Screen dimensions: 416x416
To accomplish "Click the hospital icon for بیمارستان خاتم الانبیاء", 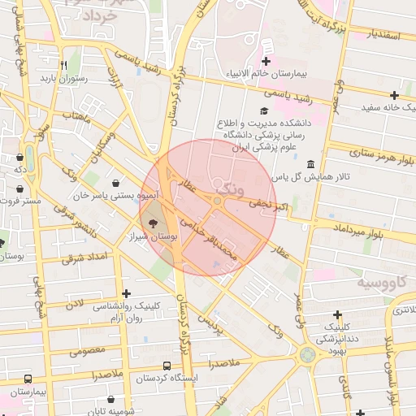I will pos(266,62).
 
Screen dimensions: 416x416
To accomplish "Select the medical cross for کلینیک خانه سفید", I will pos(395,94).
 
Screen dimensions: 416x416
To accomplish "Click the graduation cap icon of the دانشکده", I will pos(263,111).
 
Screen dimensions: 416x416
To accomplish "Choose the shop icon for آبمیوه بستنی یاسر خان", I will pos(119,184).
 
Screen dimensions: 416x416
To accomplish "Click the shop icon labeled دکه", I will pos(19,158).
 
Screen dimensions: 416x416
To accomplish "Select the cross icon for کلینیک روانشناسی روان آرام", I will pos(125,292).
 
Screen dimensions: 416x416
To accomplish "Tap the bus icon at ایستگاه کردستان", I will pos(167,366).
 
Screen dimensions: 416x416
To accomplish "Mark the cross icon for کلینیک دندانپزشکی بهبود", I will pos(337,314).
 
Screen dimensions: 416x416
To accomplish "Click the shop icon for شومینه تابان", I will pos(111,400).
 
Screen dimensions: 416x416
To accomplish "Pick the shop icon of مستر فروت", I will pos(19,188).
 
